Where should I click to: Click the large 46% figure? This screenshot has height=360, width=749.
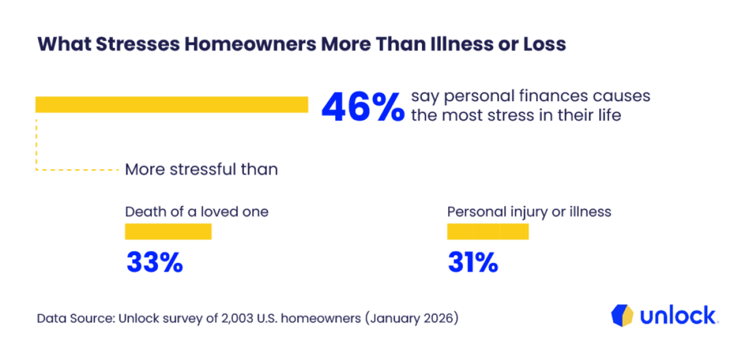(x=363, y=107)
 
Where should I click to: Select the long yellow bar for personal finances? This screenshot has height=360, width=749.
(x=172, y=105)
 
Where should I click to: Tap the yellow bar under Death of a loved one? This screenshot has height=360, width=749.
(x=168, y=231)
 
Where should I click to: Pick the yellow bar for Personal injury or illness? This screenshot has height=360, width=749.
(x=488, y=231)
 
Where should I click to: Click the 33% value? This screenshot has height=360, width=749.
(x=155, y=263)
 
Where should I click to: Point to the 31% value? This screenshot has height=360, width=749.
(x=473, y=263)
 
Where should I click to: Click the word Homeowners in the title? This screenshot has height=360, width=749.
(x=250, y=44)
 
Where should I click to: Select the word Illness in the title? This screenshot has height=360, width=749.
(x=461, y=44)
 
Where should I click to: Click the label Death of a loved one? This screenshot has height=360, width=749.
(x=197, y=212)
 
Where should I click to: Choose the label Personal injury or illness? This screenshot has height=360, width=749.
(x=529, y=212)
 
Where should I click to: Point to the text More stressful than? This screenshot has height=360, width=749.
(x=201, y=169)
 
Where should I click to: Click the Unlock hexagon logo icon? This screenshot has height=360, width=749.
(x=622, y=315)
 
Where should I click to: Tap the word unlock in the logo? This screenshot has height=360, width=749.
(x=678, y=315)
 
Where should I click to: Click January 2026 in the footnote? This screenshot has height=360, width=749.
(x=411, y=318)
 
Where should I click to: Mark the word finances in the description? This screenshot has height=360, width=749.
(x=554, y=96)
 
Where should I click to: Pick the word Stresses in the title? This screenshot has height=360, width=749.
(x=138, y=44)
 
